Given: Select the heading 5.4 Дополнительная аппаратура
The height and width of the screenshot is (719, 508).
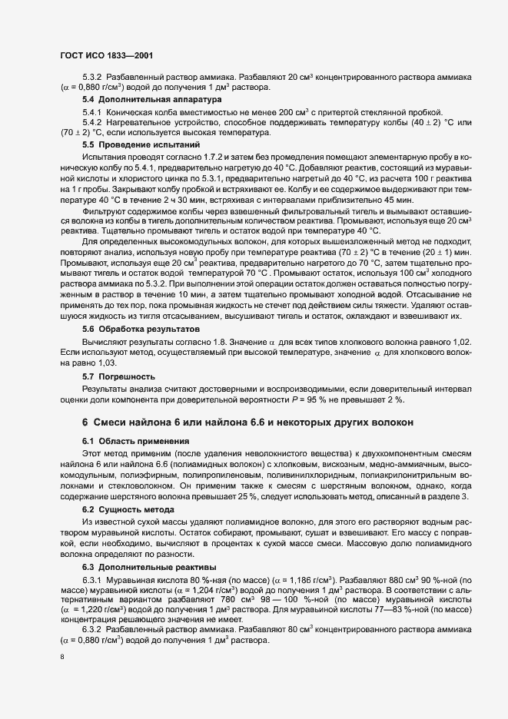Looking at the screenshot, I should [141, 99].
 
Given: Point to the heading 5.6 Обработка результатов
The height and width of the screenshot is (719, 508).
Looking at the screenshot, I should [136, 328].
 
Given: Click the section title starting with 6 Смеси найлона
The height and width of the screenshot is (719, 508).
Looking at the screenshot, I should [247, 422].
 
